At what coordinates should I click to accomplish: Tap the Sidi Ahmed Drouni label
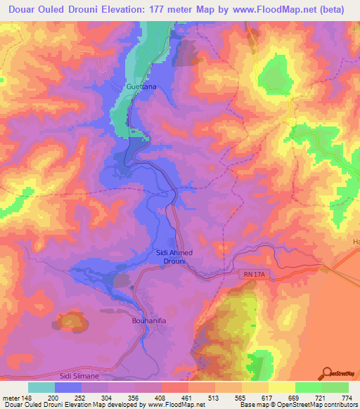(x=174, y=257)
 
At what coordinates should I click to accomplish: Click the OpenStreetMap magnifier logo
(x=326, y=372)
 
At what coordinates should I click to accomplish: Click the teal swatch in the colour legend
(x=41, y=387)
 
